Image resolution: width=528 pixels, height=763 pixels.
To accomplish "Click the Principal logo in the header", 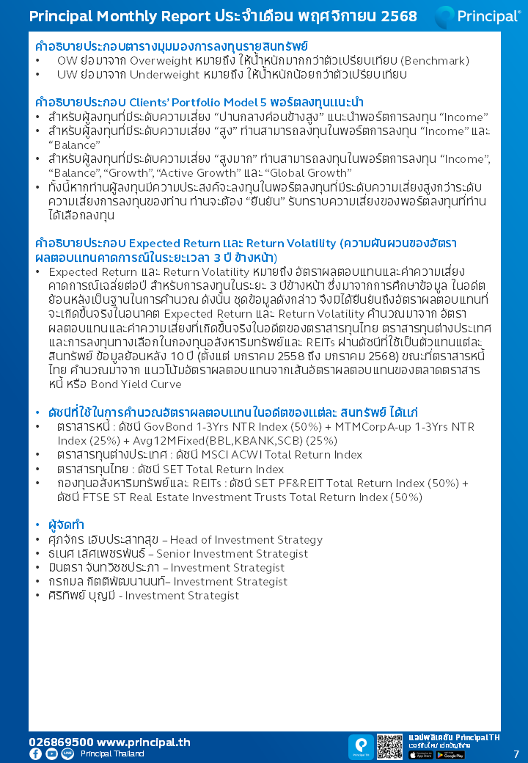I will (x=477, y=16).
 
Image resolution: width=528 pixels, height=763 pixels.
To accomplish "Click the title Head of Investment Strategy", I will (x=246, y=539).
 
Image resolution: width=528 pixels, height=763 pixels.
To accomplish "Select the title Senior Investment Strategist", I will (x=232, y=553).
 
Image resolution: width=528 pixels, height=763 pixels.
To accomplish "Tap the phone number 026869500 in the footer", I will (x=61, y=742).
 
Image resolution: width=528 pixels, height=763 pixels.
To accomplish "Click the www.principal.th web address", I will (x=144, y=742).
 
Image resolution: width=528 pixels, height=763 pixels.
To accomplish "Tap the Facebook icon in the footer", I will (x=35, y=753).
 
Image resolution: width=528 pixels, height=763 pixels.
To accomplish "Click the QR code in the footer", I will (x=390, y=746).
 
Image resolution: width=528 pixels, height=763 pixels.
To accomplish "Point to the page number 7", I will (x=516, y=753).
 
